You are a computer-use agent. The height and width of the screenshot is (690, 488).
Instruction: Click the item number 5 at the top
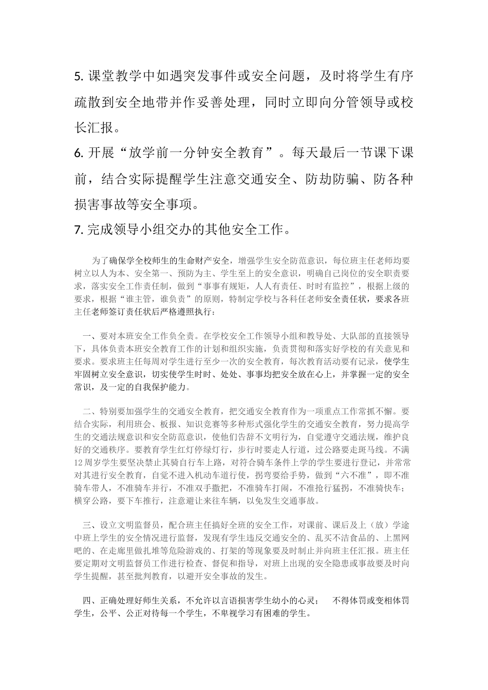coord(78,76)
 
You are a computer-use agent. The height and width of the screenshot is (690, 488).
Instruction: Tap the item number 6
coord(78,153)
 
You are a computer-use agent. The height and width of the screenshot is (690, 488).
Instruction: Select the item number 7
coord(78,229)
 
